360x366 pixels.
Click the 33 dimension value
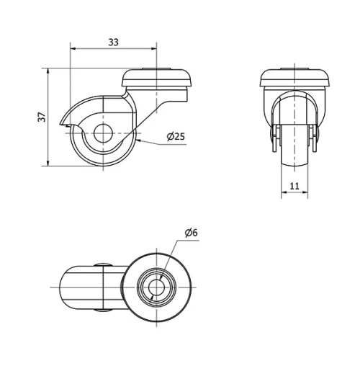coord(113,42)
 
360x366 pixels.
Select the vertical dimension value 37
coord(42,117)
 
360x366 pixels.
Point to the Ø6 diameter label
coord(191,232)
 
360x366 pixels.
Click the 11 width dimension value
coord(294,186)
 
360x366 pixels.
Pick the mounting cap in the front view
coord(294,79)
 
